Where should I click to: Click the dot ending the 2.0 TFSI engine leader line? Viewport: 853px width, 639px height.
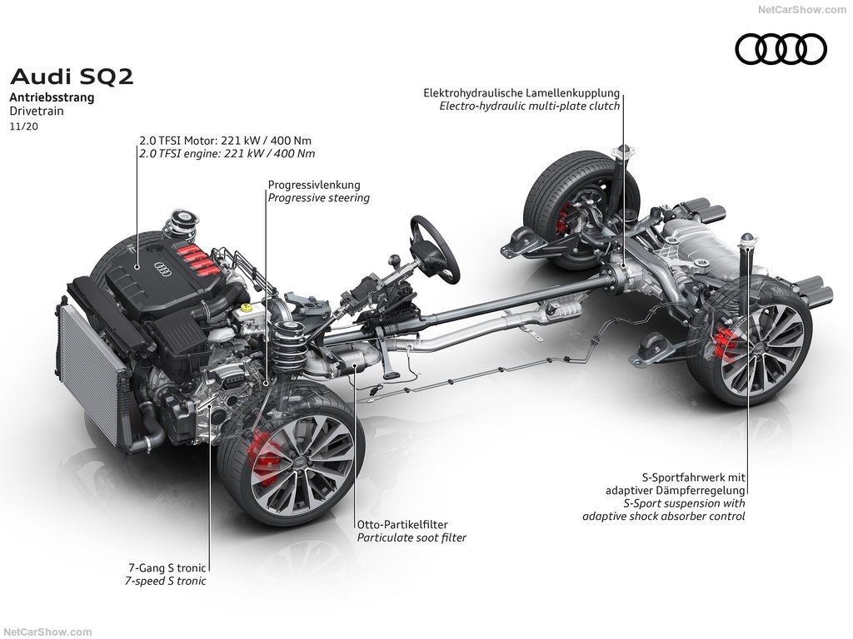click(137, 267)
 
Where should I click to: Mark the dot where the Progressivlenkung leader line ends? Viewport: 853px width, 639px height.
click(267, 383)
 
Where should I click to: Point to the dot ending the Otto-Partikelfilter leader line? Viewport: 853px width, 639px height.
click(355, 367)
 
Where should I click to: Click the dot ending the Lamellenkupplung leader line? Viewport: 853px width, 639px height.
click(623, 266)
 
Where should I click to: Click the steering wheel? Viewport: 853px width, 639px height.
click(435, 248)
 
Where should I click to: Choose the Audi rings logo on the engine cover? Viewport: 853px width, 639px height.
click(163, 268)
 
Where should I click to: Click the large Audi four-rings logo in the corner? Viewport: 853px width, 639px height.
click(781, 49)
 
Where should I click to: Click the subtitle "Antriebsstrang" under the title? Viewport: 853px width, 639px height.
click(52, 98)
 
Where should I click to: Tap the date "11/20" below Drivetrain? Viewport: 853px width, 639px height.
click(24, 127)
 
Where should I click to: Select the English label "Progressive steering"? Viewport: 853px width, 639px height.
click(319, 198)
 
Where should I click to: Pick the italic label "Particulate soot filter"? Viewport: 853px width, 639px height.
click(412, 538)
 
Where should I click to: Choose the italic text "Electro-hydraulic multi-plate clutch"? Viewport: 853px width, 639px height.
click(530, 106)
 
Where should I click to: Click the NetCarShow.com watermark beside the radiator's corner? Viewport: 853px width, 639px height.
click(47, 632)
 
